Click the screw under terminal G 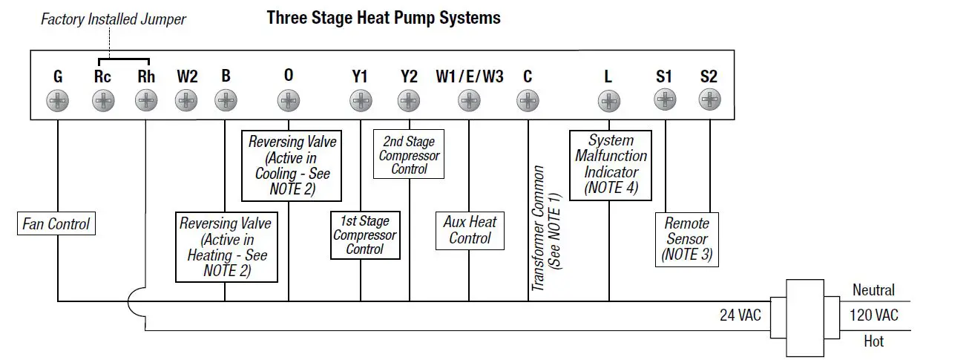point(58,99)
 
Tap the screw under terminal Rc point(103,99)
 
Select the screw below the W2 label point(186,99)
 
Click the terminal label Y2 point(409,76)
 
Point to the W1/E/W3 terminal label point(470,76)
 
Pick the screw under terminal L point(608,99)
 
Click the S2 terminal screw point(710,99)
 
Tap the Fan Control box point(56,223)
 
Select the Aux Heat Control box point(470,230)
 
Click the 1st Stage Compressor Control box point(364,235)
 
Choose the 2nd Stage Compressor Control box point(409,155)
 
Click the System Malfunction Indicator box point(611,165)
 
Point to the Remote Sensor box point(687,239)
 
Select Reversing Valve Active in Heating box point(226,247)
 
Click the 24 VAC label point(740,315)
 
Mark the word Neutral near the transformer point(873,290)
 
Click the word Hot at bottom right point(873,341)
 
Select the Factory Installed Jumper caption point(113,20)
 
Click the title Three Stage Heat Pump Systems point(384,18)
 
